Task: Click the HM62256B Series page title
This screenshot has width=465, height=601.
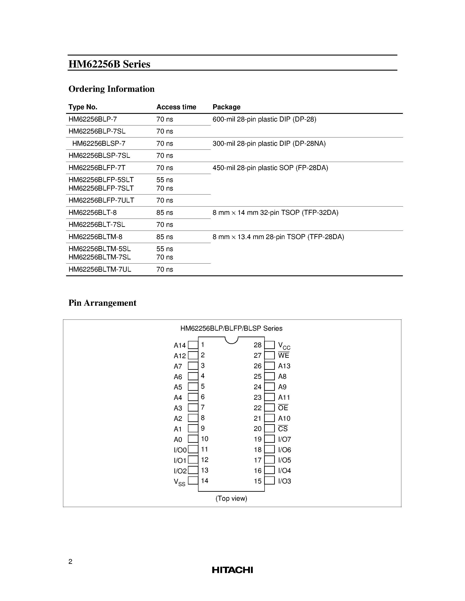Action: pos(109,64)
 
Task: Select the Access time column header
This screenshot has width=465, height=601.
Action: pos(176,107)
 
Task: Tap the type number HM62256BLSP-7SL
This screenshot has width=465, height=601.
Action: pos(99,155)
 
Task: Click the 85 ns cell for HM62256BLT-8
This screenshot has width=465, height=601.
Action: pos(165,212)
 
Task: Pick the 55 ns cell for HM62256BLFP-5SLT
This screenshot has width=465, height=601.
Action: pos(165,180)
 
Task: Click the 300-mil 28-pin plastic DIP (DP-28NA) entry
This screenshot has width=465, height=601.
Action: pos(269,144)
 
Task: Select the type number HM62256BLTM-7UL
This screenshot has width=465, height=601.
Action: pos(100,269)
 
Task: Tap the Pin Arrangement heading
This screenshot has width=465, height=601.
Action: pos(102,303)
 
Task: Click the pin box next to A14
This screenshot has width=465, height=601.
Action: pos(193,345)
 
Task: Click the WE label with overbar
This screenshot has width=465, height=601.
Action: pos(283,356)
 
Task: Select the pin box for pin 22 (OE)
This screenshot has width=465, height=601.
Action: pos(269,408)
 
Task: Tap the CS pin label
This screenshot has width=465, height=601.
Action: pos(283,429)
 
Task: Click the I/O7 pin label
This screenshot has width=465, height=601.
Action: pos(284,439)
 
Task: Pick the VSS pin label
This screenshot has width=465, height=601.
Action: pos(179,482)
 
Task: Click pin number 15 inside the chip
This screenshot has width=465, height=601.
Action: pos(258,481)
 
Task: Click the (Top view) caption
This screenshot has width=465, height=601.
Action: pos(231,498)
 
